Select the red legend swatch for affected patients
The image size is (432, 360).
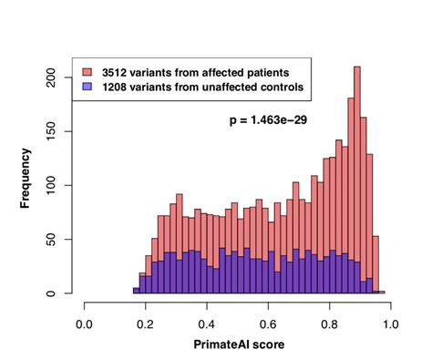tap(87, 71)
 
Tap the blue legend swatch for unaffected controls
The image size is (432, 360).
tap(87, 87)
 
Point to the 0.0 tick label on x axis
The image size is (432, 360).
tap(85, 322)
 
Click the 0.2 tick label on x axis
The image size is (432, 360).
tap(146, 322)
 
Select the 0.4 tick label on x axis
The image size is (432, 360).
tap(207, 322)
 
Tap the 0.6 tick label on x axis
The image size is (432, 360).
tap(268, 322)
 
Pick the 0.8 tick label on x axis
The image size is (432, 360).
tap(329, 322)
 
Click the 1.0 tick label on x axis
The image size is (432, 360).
tap(390, 322)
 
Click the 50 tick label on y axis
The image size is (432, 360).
tap(58, 239)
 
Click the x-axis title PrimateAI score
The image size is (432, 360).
tap(238, 346)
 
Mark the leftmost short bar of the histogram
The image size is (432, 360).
tap(136, 291)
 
